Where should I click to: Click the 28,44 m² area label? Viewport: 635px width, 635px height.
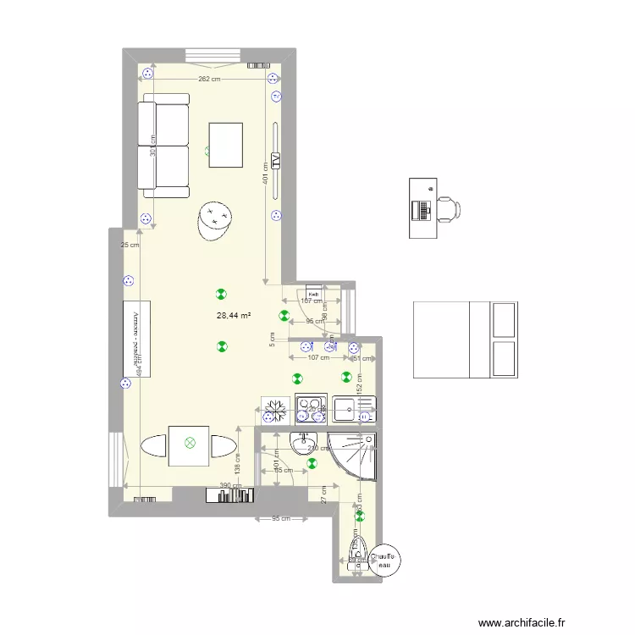pyautogui.click(x=234, y=316)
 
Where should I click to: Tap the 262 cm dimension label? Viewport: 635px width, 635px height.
pyautogui.click(x=209, y=80)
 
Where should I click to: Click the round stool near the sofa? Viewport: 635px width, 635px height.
pyautogui.click(x=215, y=220)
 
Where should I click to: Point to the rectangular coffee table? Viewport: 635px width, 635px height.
pyautogui.click(x=226, y=145)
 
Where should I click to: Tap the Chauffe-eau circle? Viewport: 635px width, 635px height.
pyautogui.click(x=385, y=560)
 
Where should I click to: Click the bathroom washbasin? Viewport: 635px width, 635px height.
pyautogui.click(x=303, y=441)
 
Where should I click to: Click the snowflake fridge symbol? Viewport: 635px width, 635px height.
pyautogui.click(x=273, y=411)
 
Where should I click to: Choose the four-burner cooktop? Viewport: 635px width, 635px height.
pyautogui.click(x=311, y=410)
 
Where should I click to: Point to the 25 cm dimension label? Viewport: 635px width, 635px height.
pyautogui.click(x=130, y=246)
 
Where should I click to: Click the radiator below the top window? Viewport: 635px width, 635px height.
pyautogui.click(x=257, y=63)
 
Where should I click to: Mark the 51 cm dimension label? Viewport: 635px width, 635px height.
pyautogui.click(x=361, y=358)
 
